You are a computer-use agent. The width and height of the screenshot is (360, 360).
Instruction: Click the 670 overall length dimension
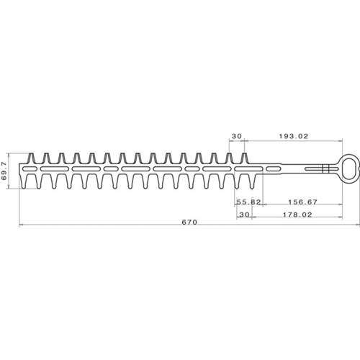[x=189, y=222]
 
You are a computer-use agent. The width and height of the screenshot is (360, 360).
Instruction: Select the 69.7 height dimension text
[x=4, y=171]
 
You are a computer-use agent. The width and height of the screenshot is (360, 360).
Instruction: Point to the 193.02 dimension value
[x=294, y=136]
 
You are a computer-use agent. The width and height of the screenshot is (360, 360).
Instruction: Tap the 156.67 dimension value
[x=302, y=202]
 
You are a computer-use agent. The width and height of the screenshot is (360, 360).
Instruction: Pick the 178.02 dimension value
[x=297, y=215]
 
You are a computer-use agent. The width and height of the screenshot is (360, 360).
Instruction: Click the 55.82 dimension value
[x=248, y=202]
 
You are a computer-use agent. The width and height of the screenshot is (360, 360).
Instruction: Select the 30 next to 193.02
[x=237, y=136]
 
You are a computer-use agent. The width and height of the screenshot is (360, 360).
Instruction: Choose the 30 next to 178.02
[x=245, y=215]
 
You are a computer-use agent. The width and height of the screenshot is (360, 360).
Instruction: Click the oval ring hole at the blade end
[x=350, y=169]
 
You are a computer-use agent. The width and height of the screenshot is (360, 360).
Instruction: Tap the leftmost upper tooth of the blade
[x=32, y=158]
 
